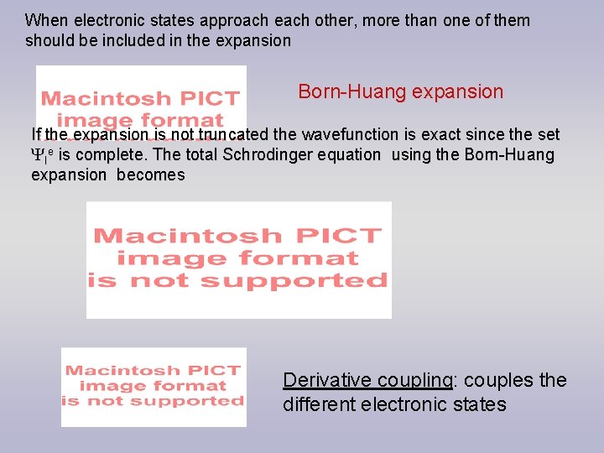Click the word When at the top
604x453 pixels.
(x=44, y=20)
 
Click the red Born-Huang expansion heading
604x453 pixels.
(x=401, y=91)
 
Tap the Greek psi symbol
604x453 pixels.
(x=37, y=155)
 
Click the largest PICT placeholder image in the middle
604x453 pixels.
(x=238, y=259)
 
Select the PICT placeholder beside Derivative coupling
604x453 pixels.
(x=154, y=386)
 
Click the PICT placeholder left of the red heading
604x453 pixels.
(x=141, y=98)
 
